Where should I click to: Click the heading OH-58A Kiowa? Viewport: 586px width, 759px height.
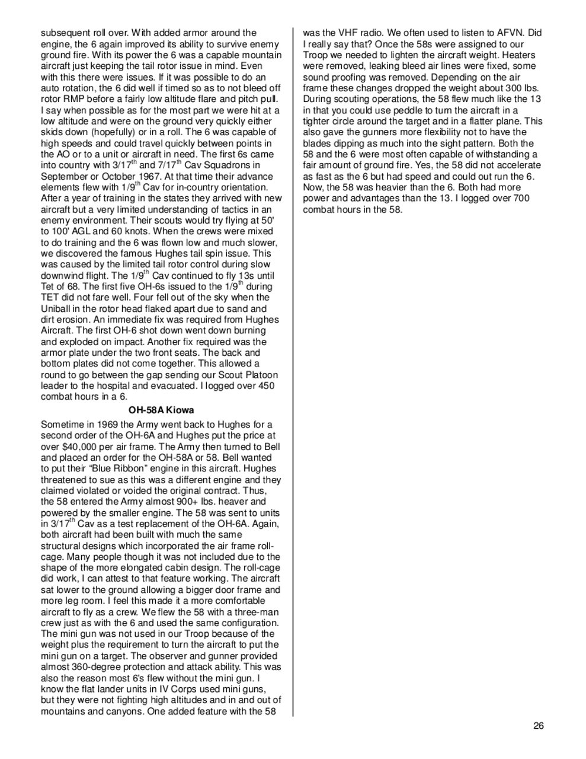click(x=161, y=410)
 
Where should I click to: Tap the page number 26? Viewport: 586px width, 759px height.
click(x=538, y=726)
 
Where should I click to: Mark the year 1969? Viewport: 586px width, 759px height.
click(x=101, y=425)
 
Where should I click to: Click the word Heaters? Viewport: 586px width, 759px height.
click(x=523, y=55)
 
